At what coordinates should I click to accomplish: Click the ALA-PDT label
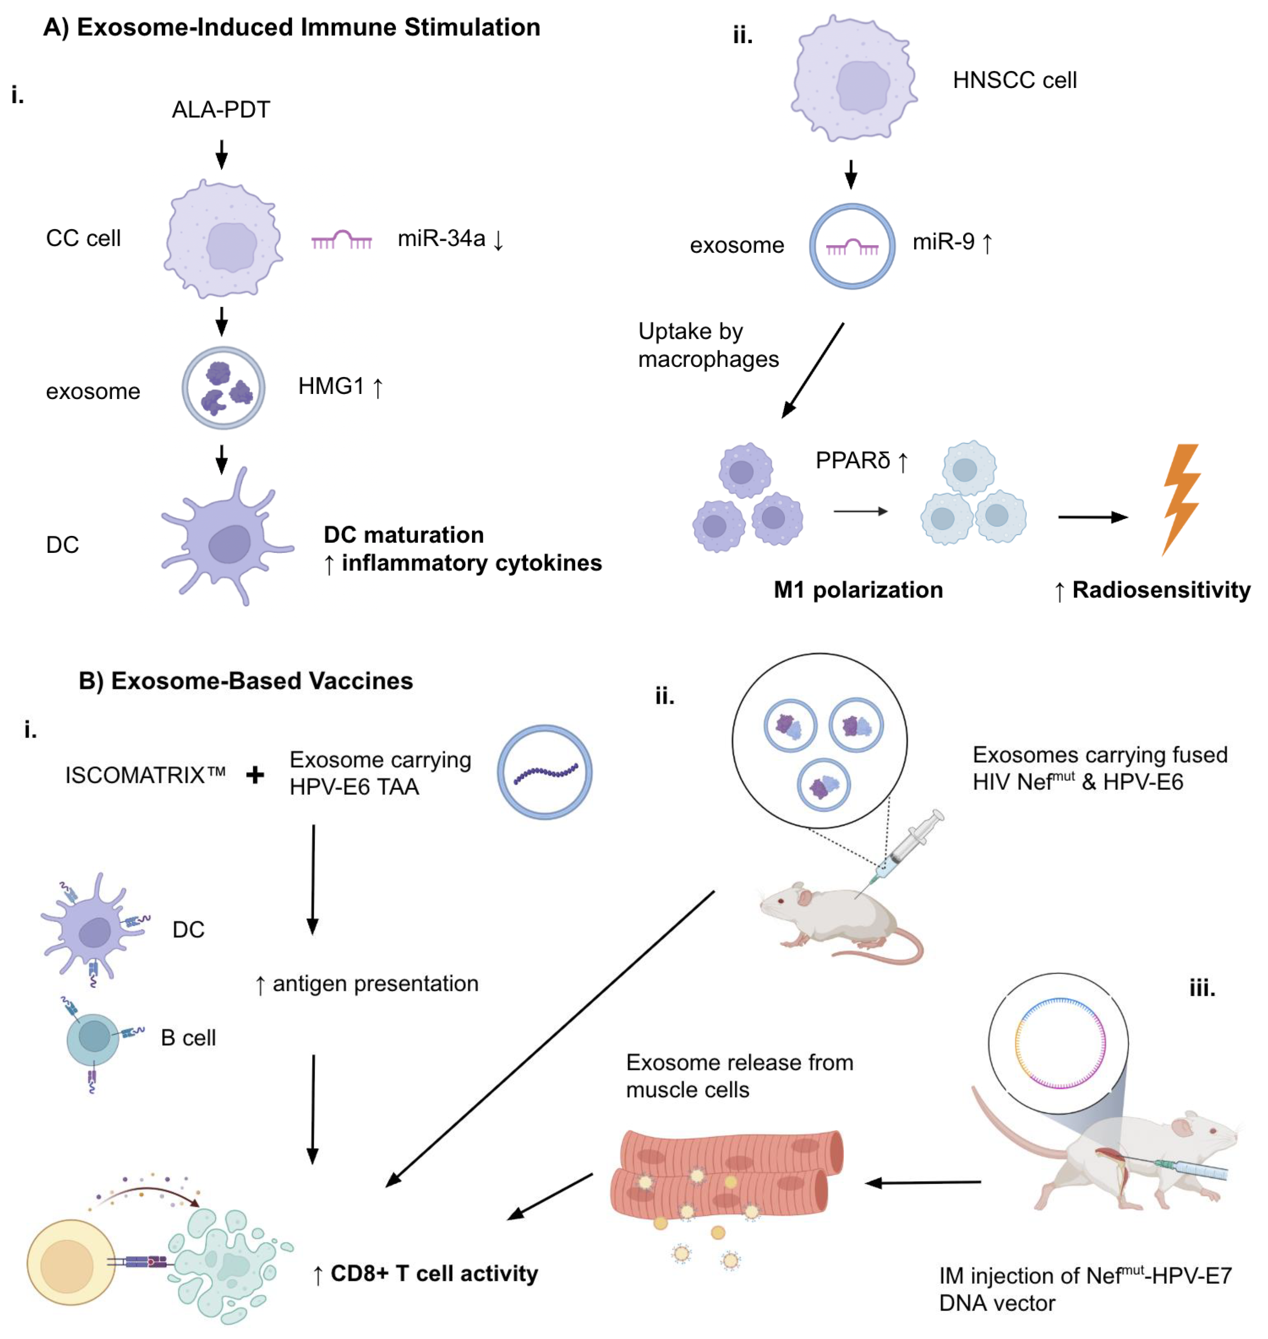point(221,110)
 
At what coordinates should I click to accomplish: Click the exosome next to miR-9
point(852,247)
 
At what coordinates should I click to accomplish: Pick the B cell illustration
point(93,1038)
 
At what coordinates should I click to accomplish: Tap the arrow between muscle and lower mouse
point(922,1183)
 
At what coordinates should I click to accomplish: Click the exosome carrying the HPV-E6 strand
point(545,772)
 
